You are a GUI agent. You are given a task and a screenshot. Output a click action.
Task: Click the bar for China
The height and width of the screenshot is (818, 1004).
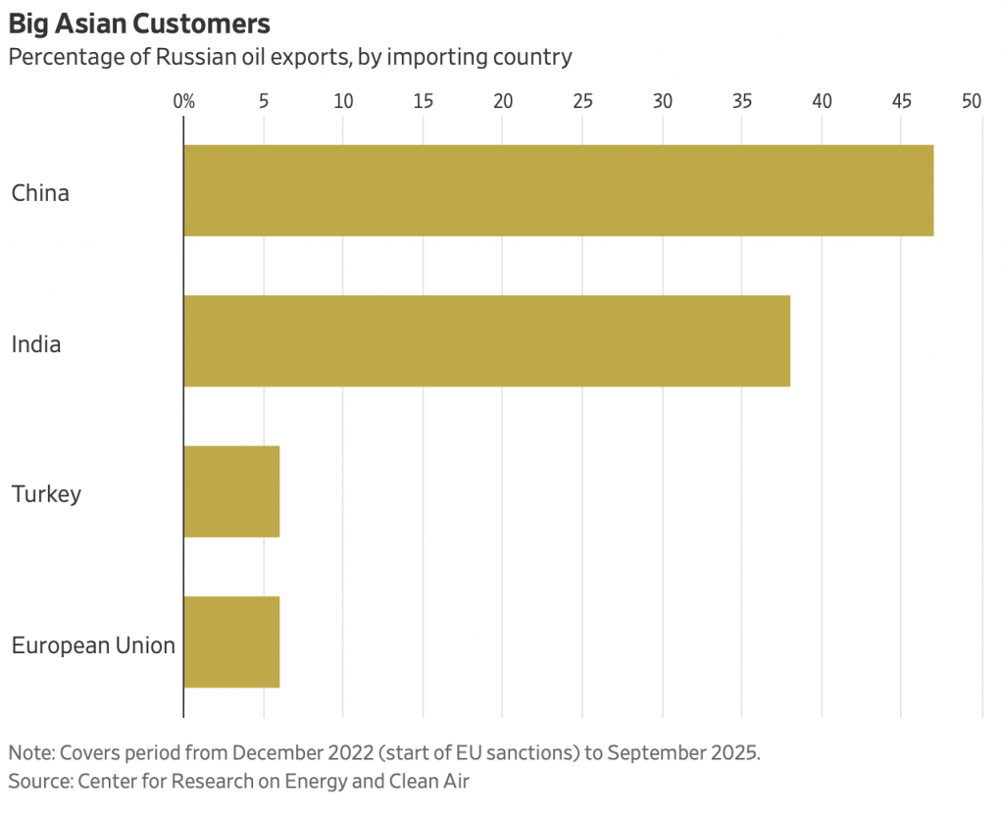click(x=558, y=190)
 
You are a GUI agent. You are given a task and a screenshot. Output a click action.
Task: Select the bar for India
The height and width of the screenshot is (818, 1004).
click(x=486, y=340)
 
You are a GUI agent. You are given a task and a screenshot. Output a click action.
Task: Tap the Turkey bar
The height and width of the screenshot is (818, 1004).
click(x=231, y=491)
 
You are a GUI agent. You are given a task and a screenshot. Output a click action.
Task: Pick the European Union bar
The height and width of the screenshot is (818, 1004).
click(x=231, y=642)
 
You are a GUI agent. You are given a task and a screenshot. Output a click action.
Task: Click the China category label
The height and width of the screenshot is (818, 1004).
click(x=40, y=193)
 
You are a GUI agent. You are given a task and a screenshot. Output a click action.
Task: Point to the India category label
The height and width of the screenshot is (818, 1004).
click(x=36, y=344)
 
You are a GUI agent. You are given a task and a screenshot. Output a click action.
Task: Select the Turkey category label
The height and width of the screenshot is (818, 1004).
click(x=46, y=493)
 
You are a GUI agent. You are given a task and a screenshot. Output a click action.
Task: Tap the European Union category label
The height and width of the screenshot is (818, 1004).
click(x=93, y=645)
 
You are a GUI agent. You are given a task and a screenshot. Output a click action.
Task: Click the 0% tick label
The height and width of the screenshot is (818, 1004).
click(x=183, y=100)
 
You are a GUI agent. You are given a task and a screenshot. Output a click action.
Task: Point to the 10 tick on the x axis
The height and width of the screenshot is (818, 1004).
click(x=343, y=100)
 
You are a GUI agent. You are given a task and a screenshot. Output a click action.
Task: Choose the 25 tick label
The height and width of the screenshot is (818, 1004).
click(x=582, y=100)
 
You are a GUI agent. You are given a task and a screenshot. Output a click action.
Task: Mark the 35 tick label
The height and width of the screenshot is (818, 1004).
click(x=742, y=100)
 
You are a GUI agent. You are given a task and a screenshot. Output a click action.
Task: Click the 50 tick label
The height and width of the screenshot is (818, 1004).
click(x=972, y=100)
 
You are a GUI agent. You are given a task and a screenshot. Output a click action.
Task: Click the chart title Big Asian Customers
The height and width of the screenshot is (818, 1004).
click(x=139, y=23)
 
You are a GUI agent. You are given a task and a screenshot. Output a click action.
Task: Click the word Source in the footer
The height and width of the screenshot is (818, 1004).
click(x=37, y=781)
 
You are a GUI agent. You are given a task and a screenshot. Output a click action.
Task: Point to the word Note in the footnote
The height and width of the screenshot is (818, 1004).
click(x=30, y=753)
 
